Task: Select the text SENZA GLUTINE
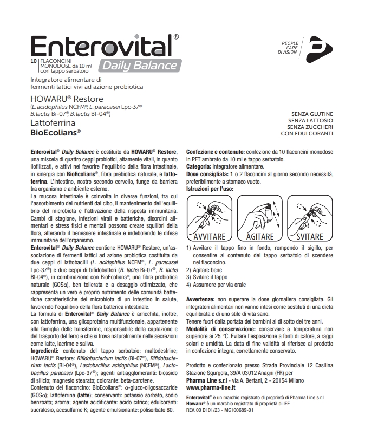(311, 113)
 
